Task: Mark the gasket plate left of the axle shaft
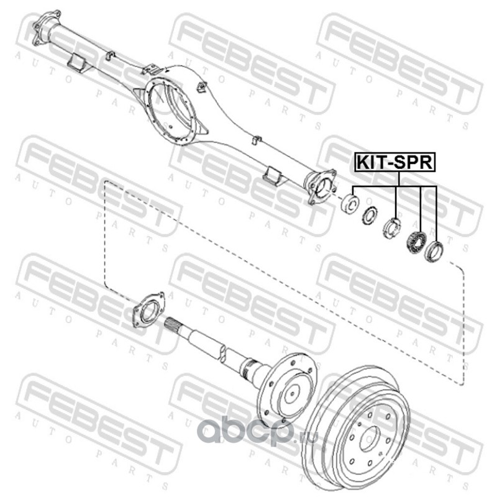point(148,309)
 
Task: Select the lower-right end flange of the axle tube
point(321,187)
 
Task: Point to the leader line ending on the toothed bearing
point(421,208)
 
